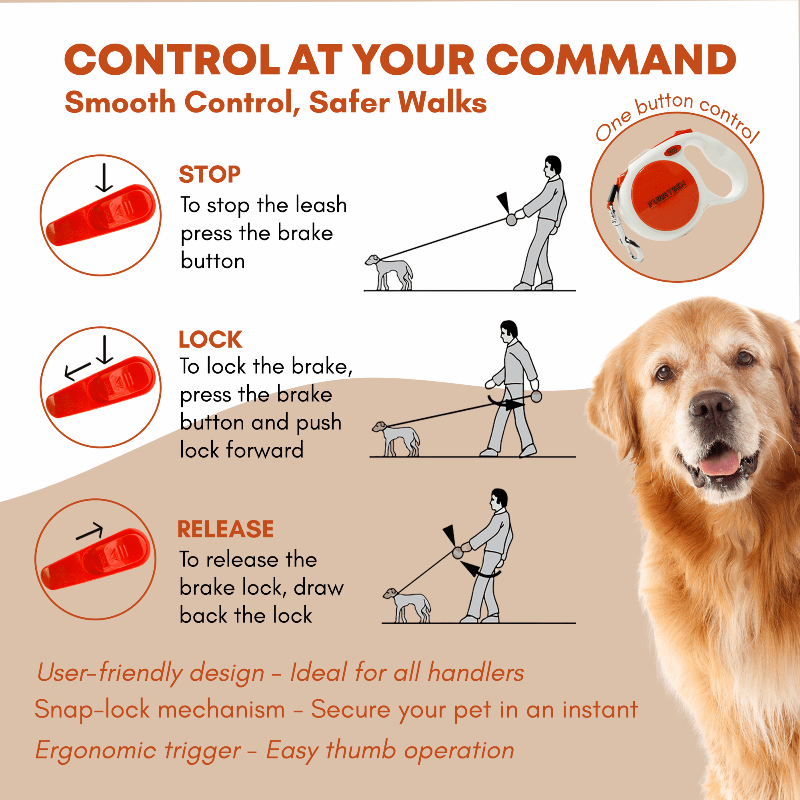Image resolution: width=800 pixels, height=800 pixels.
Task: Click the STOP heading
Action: tap(210, 174)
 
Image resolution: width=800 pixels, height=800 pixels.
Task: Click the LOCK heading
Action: tap(210, 340)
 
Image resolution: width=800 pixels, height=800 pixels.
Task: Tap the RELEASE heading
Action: tap(226, 529)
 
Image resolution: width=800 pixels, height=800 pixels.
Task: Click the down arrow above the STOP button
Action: tap(104, 178)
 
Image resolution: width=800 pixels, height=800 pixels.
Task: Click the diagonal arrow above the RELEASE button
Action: tap(90, 531)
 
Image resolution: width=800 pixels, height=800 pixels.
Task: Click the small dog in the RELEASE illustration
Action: tap(407, 605)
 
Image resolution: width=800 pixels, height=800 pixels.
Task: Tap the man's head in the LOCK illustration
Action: tap(508, 331)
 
